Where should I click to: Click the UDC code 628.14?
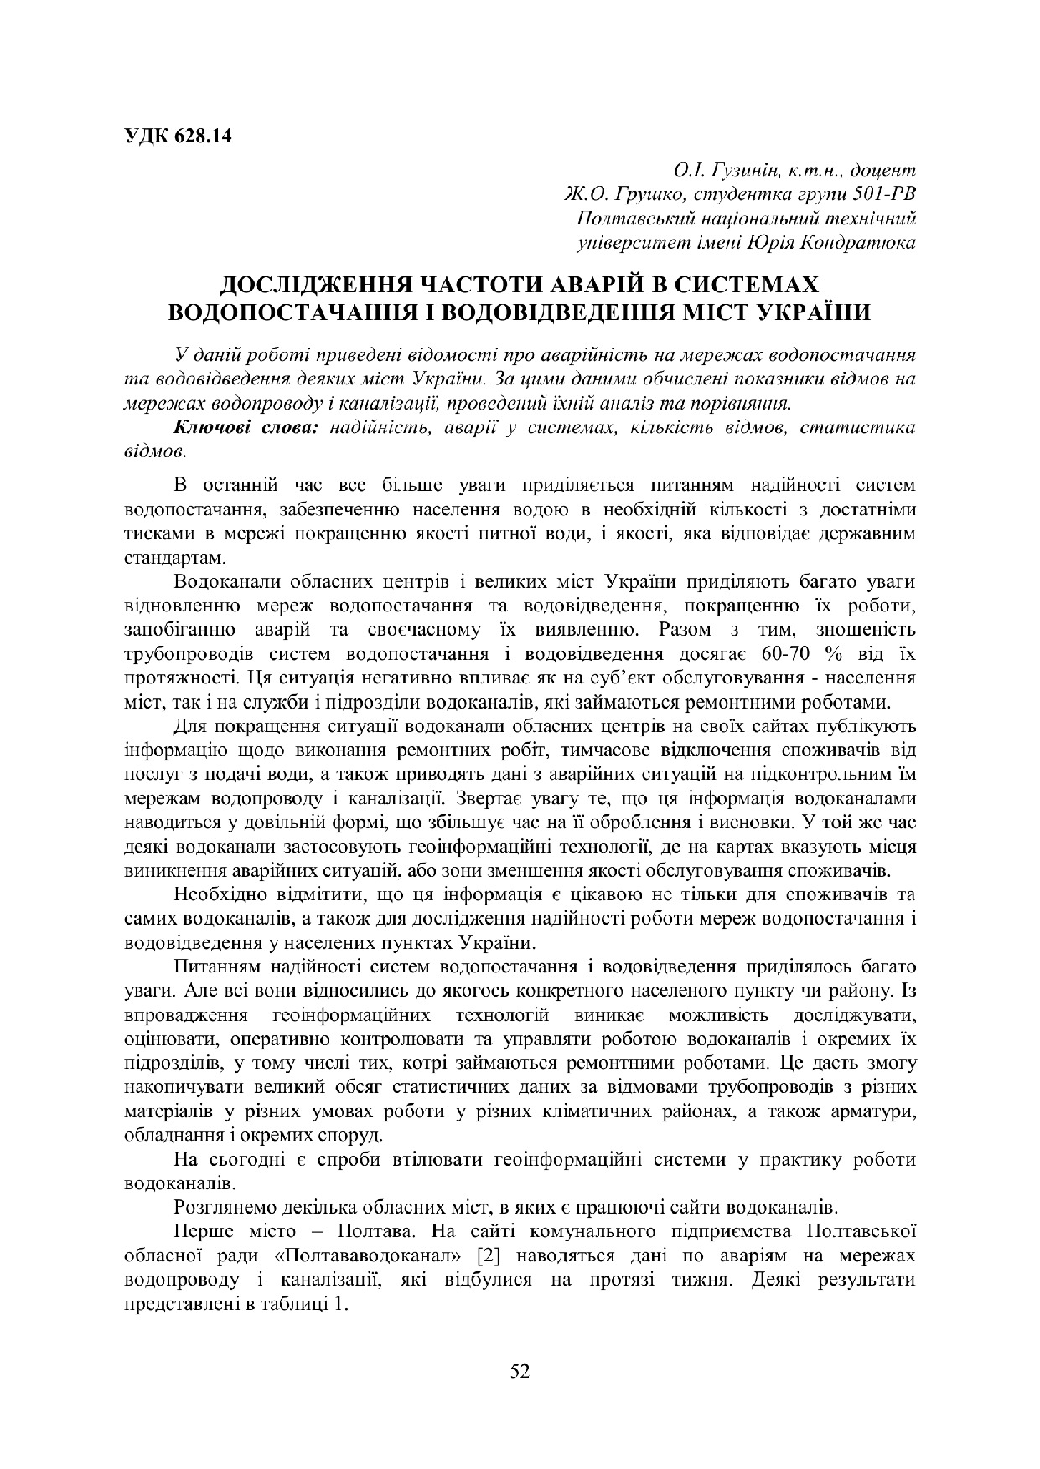203,135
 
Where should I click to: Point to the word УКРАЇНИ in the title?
814,311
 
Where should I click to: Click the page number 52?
520,1370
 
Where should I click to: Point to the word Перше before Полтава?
199,1232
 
